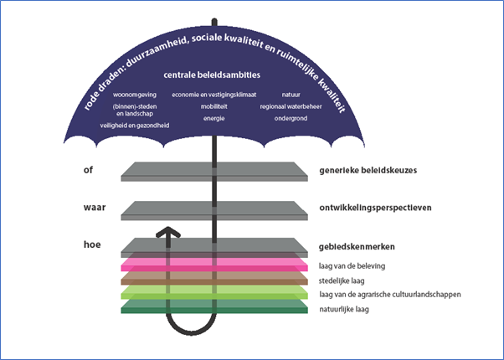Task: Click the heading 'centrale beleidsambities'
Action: [212, 75]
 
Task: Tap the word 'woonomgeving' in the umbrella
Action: [135, 95]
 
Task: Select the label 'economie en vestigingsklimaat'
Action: [214, 95]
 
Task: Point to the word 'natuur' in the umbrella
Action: [291, 95]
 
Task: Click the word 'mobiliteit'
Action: [214, 106]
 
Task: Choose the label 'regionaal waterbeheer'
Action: [291, 106]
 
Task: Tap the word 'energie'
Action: [214, 119]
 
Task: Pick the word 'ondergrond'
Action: [291, 119]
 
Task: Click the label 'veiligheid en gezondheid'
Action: [135, 126]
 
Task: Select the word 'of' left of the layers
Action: [88, 170]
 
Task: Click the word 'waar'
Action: [95, 208]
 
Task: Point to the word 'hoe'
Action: [92, 244]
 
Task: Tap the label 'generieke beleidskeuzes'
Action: [368, 170]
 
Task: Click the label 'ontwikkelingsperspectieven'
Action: [375, 208]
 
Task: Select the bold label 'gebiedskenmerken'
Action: [357, 247]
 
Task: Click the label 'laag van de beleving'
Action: [352, 266]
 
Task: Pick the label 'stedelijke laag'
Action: [342, 281]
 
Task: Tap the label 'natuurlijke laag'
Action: [344, 310]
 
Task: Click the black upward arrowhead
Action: [168, 232]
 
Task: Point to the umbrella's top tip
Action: [214, 19]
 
